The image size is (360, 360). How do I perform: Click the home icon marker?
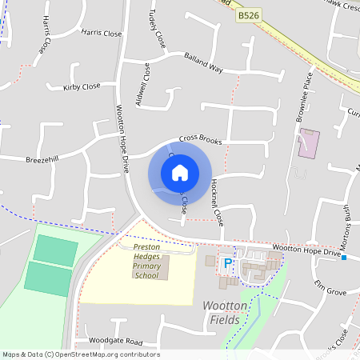click(x=180, y=173)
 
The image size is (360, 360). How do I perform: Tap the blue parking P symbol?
click(x=227, y=263)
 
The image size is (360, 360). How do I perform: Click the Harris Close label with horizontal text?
click(x=102, y=34)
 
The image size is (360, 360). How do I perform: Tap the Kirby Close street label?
click(x=82, y=86)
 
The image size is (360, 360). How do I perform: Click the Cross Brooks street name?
click(x=200, y=139)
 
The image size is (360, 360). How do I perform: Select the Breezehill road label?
click(x=42, y=158)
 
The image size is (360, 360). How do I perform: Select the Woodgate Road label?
click(x=116, y=342)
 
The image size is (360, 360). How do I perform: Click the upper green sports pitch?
click(x=56, y=250)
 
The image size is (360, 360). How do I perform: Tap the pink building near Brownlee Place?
click(x=308, y=142)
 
